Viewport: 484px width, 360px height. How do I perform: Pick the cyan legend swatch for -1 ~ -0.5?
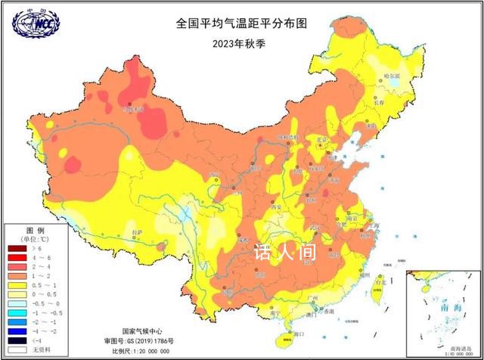pyautogui.click(x=17, y=310)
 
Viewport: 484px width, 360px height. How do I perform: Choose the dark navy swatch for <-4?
pyautogui.click(x=17, y=340)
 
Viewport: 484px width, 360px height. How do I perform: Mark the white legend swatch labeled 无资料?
pyautogui.click(x=17, y=350)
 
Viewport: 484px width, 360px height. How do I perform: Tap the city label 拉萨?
pyautogui.click(x=136, y=233)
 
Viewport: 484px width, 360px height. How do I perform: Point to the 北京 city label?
pyautogui.click(x=324, y=139)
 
